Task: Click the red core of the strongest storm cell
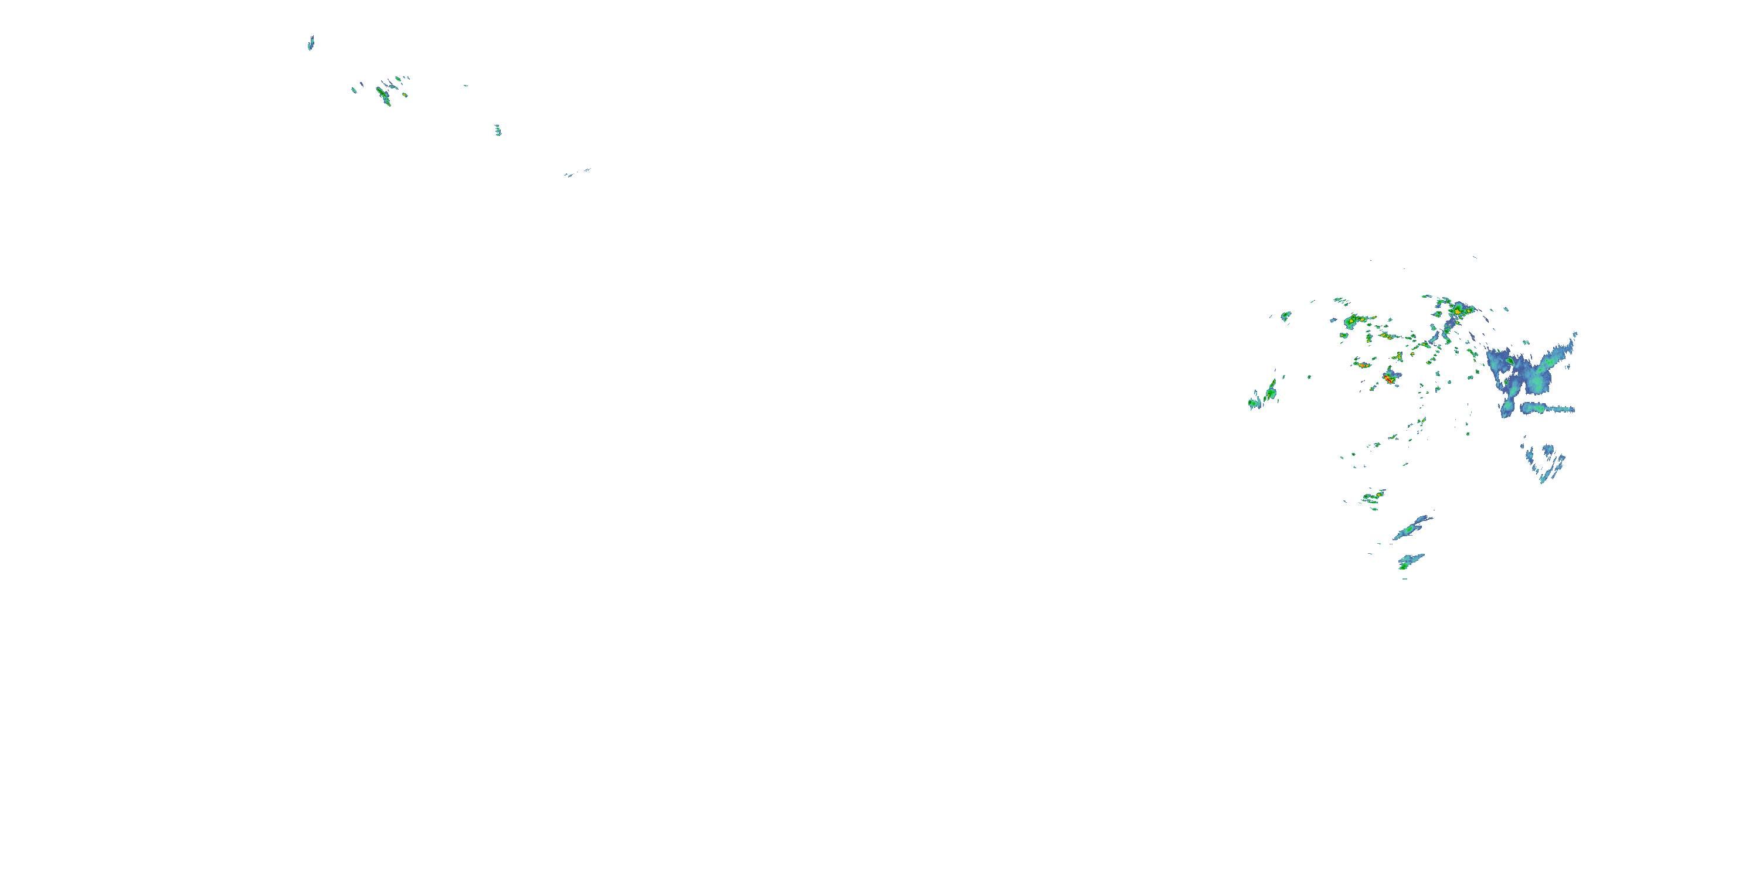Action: (x=1388, y=377)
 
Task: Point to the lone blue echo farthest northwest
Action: (x=311, y=43)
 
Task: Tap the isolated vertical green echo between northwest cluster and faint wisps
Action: (x=498, y=130)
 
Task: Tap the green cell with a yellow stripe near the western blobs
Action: (x=1271, y=393)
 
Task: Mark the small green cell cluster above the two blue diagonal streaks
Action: (x=1373, y=496)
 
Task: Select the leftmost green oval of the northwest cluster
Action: (x=354, y=90)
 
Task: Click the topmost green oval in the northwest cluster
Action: (x=398, y=79)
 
